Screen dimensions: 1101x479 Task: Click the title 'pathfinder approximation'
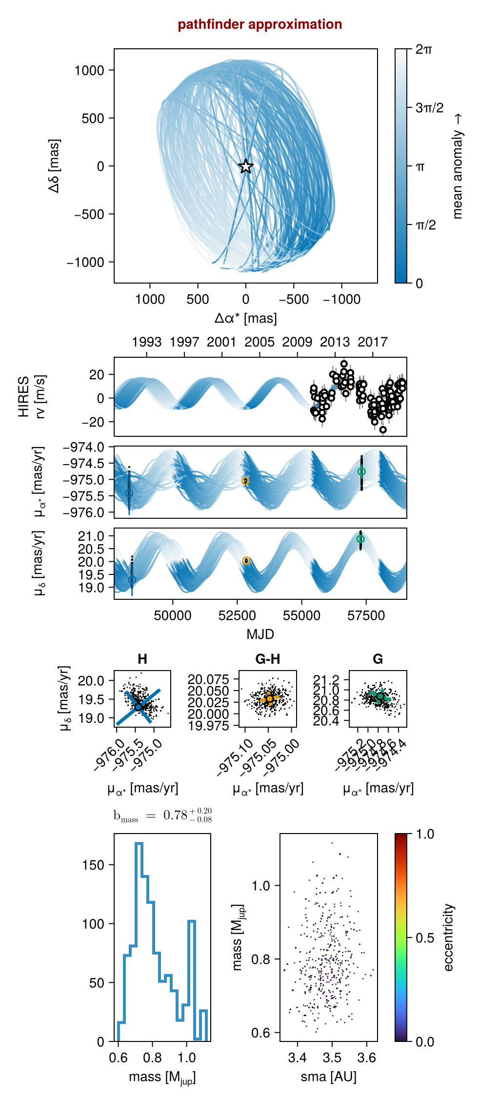(259, 24)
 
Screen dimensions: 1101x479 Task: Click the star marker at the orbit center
(246, 166)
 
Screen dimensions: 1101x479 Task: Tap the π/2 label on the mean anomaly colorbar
(425, 225)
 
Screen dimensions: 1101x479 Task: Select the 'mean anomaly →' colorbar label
(457, 166)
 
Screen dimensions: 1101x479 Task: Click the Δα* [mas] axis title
(245, 318)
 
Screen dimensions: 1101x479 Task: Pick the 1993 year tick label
(146, 342)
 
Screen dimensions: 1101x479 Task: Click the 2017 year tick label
(373, 342)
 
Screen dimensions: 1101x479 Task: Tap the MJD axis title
(260, 634)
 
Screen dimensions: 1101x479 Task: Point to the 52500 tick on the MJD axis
(237, 615)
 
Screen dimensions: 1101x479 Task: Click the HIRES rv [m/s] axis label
(31, 397)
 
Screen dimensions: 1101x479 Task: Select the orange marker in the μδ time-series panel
(246, 561)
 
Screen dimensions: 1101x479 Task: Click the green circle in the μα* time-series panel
(361, 471)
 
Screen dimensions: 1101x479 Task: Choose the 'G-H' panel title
(267, 659)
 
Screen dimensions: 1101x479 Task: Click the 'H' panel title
(142, 659)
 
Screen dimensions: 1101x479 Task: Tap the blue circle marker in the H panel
(139, 706)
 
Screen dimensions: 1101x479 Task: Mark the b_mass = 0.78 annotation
(162, 816)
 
